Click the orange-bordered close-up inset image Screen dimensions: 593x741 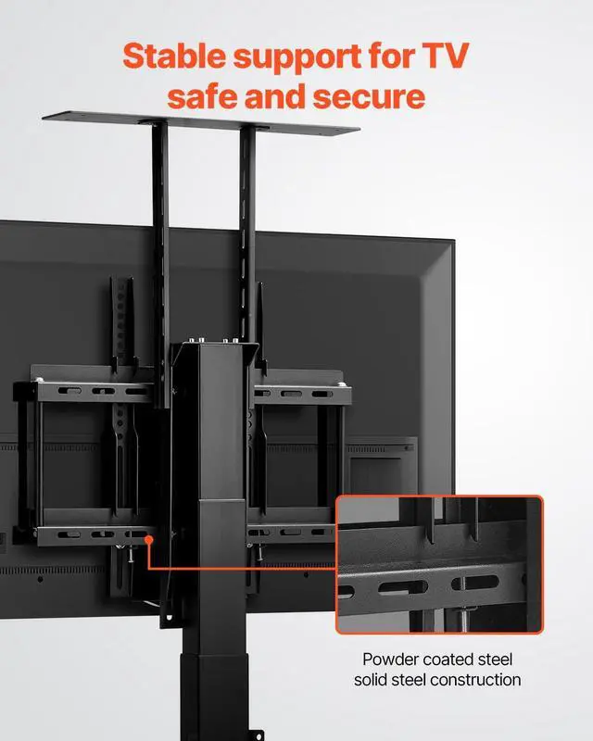tap(439, 565)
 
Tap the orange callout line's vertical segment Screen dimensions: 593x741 tap(148, 551)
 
